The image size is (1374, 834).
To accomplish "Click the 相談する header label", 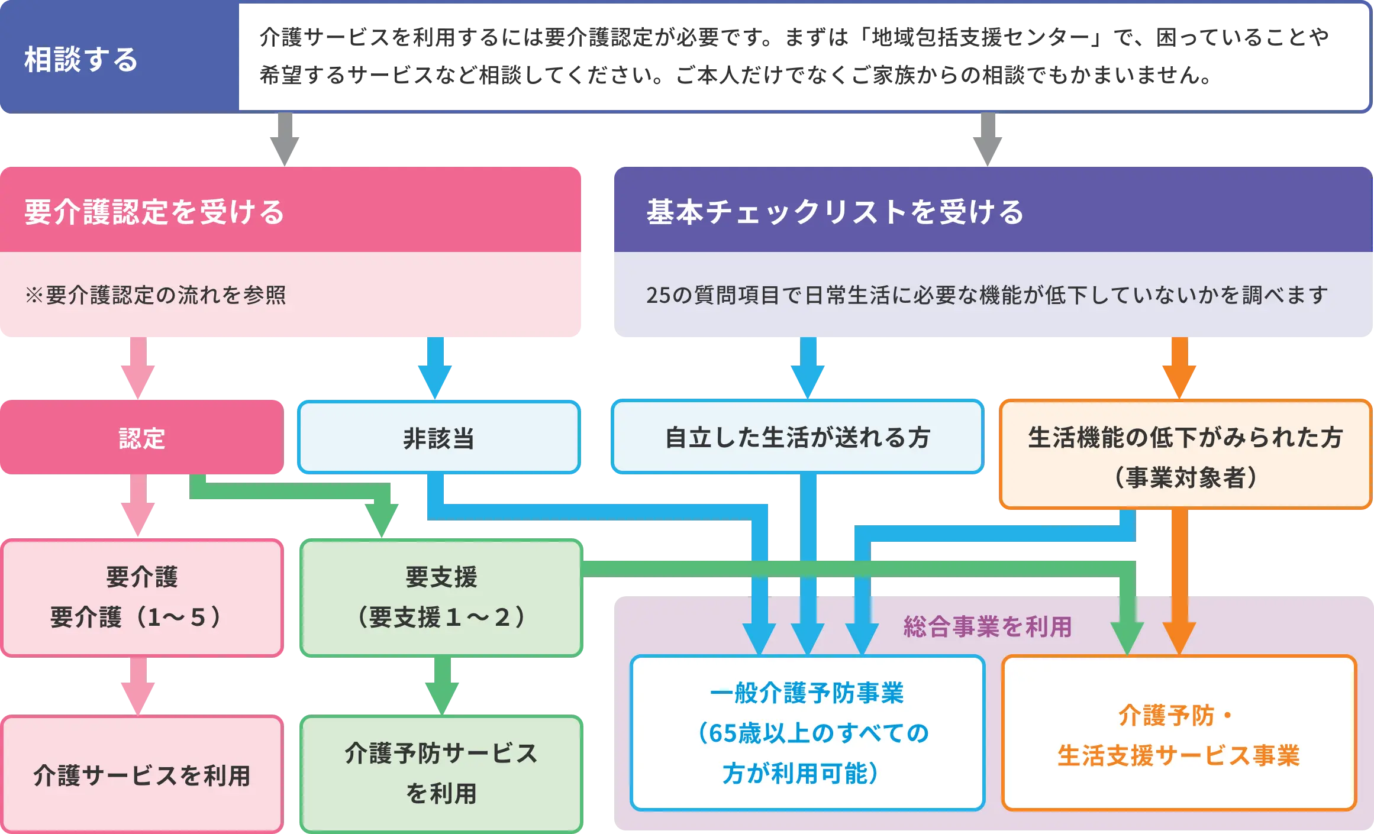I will [81, 60].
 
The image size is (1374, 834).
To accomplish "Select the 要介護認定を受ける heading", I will [154, 212].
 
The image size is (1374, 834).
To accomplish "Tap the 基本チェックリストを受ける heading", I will [835, 212].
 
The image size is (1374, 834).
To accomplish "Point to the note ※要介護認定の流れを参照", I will [156, 295].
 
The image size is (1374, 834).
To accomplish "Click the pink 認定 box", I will [141, 438].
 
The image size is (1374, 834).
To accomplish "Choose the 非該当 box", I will [438, 438].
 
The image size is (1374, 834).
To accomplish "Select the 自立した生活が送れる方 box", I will [797, 438].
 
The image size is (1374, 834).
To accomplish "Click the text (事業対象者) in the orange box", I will [1185, 477].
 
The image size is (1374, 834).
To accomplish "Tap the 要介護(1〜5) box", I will [141, 597].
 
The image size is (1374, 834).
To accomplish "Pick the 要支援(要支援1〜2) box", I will [441, 597].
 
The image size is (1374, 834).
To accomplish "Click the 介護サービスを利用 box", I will [141, 775].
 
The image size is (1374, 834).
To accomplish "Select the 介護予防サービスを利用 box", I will [441, 774].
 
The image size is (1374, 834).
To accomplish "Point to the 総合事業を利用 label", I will [988, 626].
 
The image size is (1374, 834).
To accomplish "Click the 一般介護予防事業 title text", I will [807, 693].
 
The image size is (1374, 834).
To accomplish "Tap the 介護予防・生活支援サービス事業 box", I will [1179, 733].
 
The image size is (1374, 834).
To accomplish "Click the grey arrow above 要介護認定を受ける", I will [285, 140].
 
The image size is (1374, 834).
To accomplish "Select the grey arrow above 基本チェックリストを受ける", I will [988, 140].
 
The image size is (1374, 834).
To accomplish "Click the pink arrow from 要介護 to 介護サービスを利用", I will [137, 686].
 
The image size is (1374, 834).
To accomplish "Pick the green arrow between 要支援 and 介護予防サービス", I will [441, 686].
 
